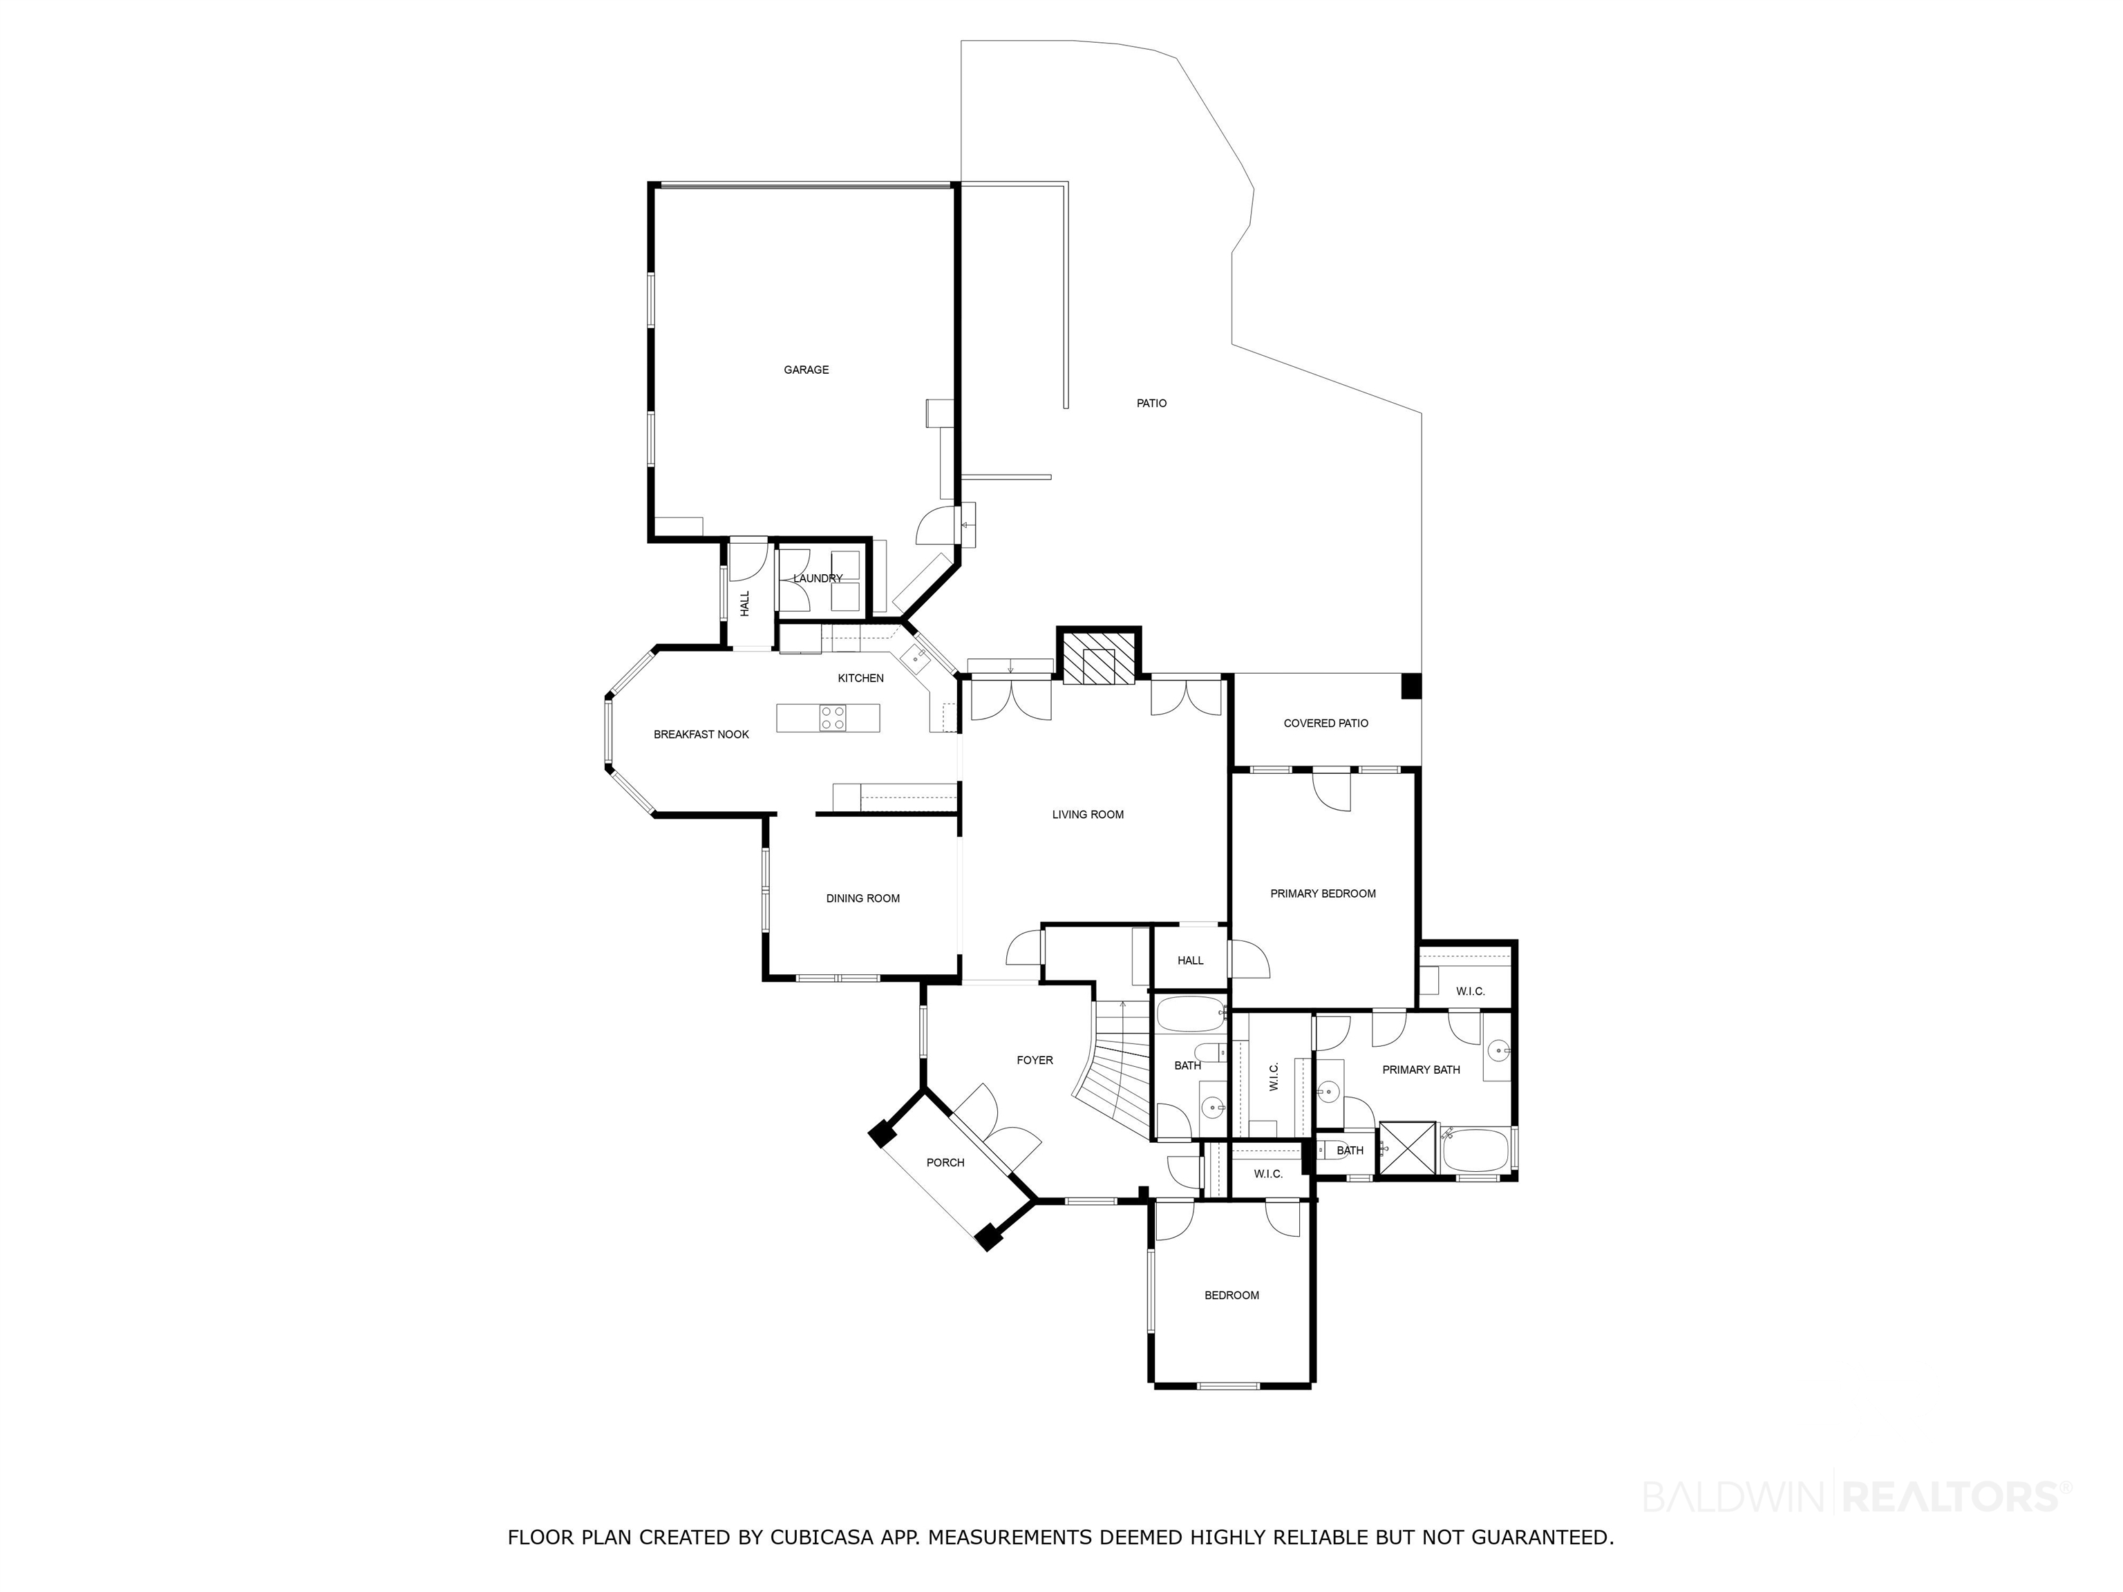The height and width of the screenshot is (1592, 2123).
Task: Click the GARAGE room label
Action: point(806,370)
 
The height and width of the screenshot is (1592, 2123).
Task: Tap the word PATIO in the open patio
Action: point(1152,403)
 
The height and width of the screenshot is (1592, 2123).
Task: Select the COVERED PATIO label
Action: point(1326,723)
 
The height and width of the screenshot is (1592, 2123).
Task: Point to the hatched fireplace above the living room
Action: point(1099,656)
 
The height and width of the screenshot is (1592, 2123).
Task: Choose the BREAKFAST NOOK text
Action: point(701,734)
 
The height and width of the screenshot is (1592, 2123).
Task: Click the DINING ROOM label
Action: point(863,898)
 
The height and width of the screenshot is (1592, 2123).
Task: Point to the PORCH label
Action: point(945,1162)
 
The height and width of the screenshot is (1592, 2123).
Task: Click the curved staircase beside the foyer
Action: point(1113,1070)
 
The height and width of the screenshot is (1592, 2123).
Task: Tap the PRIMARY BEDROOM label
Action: point(1323,893)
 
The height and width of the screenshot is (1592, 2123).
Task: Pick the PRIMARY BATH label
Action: point(1422,1069)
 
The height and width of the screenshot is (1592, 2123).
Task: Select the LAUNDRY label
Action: point(818,578)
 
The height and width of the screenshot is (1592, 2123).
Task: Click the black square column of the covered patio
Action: point(1411,686)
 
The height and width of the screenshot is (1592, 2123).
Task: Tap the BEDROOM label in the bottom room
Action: point(1232,1294)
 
